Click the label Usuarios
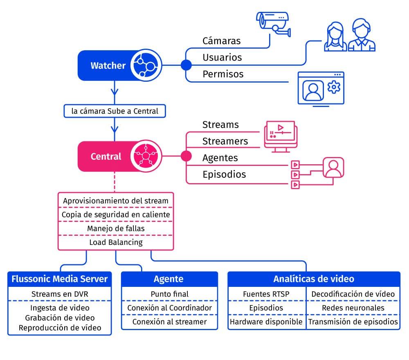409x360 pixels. click(x=222, y=58)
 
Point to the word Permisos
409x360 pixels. click(x=223, y=74)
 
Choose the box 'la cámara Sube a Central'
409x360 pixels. click(x=115, y=111)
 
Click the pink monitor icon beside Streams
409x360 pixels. click(x=281, y=134)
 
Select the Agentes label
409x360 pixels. click(x=220, y=158)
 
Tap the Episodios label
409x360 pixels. click(x=224, y=174)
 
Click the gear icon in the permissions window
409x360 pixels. click(x=334, y=87)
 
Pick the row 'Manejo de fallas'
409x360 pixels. click(x=116, y=228)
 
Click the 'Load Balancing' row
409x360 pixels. click(x=116, y=242)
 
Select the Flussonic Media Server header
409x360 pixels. click(x=60, y=279)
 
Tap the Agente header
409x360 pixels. click(x=169, y=279)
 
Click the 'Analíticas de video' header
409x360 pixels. click(x=314, y=279)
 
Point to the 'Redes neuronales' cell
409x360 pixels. click(x=353, y=308)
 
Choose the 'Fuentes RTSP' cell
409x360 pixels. click(x=266, y=294)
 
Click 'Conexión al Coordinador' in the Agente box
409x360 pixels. click(x=169, y=308)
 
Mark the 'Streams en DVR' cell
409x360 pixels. click(x=60, y=294)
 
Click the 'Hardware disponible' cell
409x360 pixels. click(x=266, y=322)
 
